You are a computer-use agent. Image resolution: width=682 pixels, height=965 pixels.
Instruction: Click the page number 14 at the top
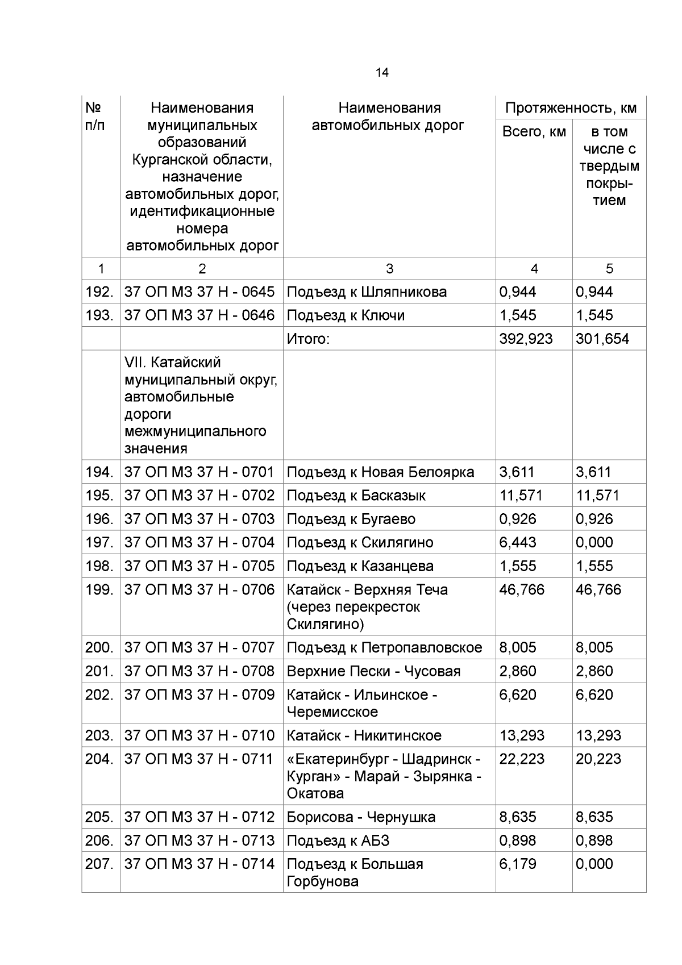(382, 73)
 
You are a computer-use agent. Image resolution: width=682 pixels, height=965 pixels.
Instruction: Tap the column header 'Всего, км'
(534, 132)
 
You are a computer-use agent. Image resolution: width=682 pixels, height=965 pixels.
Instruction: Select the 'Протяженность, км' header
(571, 108)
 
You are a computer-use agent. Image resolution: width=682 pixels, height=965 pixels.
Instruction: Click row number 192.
(99, 292)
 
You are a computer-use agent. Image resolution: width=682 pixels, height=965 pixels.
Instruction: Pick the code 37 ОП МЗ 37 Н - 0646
(199, 315)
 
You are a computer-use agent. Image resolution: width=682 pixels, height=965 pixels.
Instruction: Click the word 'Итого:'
(308, 339)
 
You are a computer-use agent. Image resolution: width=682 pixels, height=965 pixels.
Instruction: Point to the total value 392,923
(526, 339)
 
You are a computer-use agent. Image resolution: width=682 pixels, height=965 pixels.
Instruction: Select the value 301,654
(602, 339)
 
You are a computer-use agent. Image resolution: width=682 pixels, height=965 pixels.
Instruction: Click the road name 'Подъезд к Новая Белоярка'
(380, 472)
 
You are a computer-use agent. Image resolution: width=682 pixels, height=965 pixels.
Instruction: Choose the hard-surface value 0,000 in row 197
(594, 543)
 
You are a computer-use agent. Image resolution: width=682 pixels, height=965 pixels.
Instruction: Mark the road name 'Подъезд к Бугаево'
(351, 519)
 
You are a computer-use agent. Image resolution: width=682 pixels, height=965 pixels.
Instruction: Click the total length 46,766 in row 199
(522, 590)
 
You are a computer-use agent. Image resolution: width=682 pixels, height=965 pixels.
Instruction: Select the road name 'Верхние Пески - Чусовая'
(373, 672)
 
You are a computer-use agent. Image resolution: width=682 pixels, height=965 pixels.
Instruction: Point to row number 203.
(99, 736)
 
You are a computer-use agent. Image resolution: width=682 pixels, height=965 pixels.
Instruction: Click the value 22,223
(522, 759)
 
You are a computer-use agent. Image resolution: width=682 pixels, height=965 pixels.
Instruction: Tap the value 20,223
(598, 759)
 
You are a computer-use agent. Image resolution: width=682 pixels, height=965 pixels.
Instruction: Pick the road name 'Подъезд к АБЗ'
(338, 841)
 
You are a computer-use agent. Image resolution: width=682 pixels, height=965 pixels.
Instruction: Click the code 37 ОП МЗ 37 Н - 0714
(199, 864)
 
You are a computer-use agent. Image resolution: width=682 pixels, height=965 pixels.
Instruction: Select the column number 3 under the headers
(389, 269)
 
